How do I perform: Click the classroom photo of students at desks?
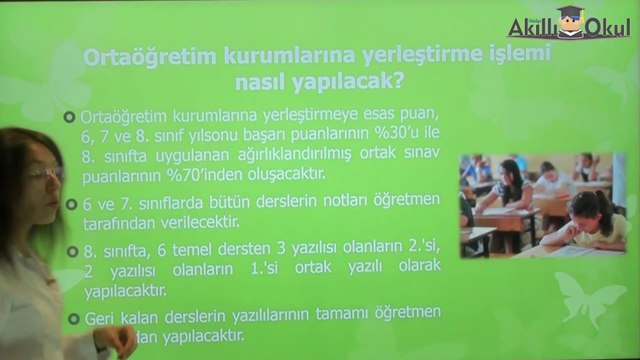coord(541,206)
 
